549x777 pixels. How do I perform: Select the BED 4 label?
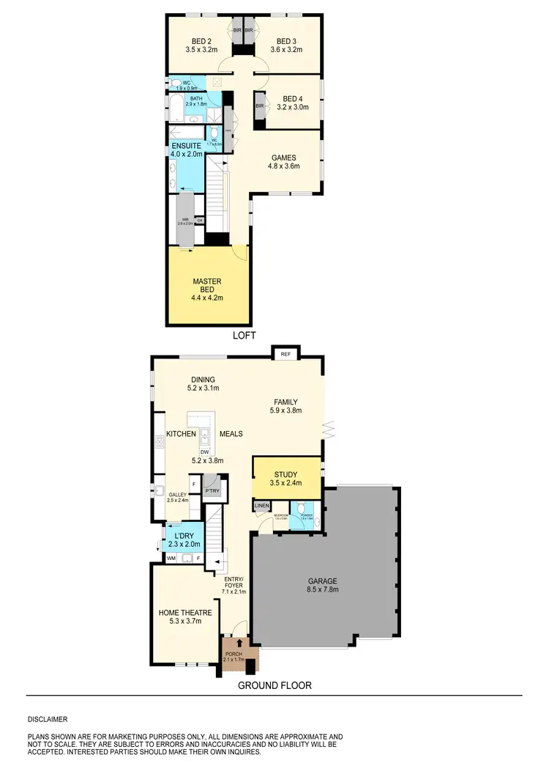pyautogui.click(x=292, y=99)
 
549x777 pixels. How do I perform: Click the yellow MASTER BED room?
pyautogui.click(x=207, y=287)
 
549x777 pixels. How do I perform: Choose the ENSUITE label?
pyautogui.click(x=186, y=145)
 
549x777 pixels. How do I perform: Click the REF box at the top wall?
pyautogui.click(x=283, y=354)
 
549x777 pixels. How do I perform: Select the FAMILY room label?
pyautogui.click(x=285, y=402)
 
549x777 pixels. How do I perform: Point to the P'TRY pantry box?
pyautogui.click(x=212, y=490)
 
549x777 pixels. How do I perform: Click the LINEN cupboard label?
pyautogui.click(x=262, y=506)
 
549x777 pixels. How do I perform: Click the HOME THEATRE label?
pyautogui.click(x=185, y=613)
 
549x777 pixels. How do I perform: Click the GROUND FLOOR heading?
pyautogui.click(x=274, y=686)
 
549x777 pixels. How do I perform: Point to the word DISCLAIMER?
pyautogui.click(x=48, y=720)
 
